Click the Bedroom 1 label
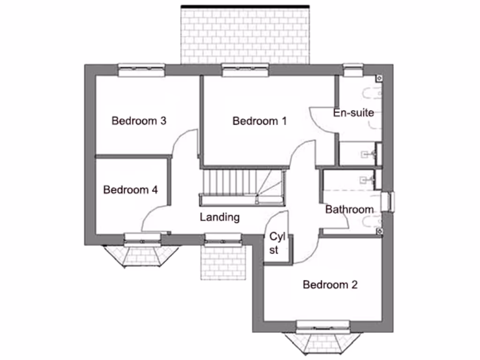[259, 121]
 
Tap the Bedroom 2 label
[330, 285]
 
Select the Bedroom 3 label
[139, 121]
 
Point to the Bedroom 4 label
[130, 190]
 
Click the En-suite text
[353, 112]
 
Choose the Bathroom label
[349, 210]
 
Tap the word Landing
[219, 217]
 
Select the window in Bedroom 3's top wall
[141, 70]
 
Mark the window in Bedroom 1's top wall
[246, 70]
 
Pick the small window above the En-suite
[352, 70]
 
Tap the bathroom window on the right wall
[388, 201]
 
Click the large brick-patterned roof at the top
[245, 35]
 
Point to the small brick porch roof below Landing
[223, 262]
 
